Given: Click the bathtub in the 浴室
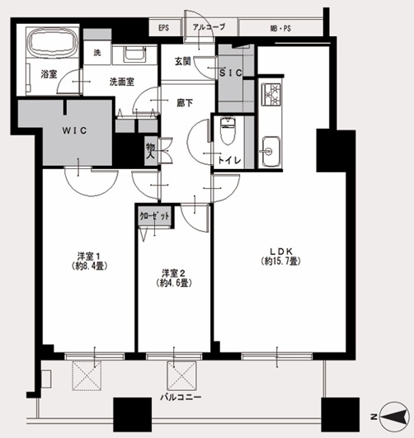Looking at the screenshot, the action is pyautogui.click(x=52, y=42).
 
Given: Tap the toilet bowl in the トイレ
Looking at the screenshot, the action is pyautogui.click(x=228, y=130).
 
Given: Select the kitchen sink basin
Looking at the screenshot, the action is pyautogui.click(x=271, y=152).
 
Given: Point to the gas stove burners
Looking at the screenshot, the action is pyautogui.click(x=271, y=94).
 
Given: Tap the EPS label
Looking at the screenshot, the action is pyautogui.click(x=163, y=28).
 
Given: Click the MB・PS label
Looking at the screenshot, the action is pyautogui.click(x=280, y=29).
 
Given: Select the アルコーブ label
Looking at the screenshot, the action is pyautogui.click(x=209, y=27).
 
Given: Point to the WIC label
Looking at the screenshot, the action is pyautogui.click(x=74, y=130).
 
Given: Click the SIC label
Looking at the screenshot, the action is pyautogui.click(x=231, y=73).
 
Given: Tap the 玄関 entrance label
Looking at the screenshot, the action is pyautogui.click(x=183, y=62).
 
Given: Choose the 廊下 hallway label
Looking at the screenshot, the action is pyautogui.click(x=185, y=103).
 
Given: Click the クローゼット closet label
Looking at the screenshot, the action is pyautogui.click(x=154, y=216).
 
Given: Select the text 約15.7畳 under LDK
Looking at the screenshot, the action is pyautogui.click(x=281, y=261).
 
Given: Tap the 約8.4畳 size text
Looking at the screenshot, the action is pyautogui.click(x=89, y=266).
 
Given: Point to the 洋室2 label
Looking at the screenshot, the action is pyautogui.click(x=174, y=273).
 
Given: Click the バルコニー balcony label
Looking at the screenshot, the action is pyautogui.click(x=181, y=398).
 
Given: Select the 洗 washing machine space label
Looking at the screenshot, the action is pyautogui.click(x=97, y=53).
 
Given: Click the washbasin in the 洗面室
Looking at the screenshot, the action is pyautogui.click(x=135, y=53).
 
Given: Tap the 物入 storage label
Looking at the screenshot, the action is pyautogui.click(x=151, y=150).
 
